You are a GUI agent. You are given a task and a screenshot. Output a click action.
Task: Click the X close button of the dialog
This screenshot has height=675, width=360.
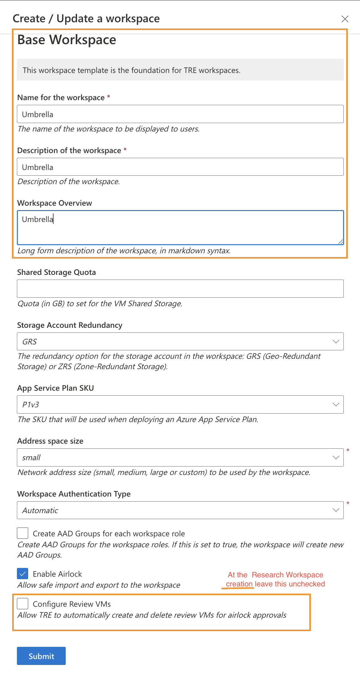point(345,19)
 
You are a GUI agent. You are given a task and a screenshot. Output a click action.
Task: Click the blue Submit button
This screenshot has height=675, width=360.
point(41,656)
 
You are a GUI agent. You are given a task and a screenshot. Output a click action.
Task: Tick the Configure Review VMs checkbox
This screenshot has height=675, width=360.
point(23,603)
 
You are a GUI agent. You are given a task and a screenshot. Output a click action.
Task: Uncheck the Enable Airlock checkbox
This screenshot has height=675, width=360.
point(23,574)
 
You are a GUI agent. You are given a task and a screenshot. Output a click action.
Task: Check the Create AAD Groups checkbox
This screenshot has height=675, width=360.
point(23,533)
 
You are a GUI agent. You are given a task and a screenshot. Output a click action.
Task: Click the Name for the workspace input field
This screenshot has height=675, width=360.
point(180,114)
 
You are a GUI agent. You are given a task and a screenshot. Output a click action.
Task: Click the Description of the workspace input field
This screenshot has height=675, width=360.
point(180,167)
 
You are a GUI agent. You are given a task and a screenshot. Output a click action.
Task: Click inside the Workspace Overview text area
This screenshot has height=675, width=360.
point(180,228)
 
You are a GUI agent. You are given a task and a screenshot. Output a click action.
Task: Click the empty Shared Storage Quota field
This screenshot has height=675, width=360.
point(180,289)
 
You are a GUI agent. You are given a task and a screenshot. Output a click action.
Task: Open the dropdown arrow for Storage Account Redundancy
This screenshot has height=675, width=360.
point(336,342)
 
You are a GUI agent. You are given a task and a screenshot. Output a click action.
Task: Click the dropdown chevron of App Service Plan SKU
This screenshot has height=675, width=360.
point(336,404)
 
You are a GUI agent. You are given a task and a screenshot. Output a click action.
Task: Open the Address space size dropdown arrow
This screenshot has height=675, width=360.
point(336,457)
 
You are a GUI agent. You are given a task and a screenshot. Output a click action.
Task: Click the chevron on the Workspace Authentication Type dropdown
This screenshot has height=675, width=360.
point(336,510)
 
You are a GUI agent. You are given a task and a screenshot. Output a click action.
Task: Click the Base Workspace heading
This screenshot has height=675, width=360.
point(67,40)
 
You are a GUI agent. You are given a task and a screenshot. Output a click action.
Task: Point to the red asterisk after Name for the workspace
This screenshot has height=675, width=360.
point(109,97)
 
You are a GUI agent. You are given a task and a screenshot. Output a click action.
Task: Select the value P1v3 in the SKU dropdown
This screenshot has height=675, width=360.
point(31,405)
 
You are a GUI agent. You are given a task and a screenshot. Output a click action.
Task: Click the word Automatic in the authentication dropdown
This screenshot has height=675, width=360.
point(40,511)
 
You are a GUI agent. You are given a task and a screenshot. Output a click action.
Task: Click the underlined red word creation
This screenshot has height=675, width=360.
point(239,584)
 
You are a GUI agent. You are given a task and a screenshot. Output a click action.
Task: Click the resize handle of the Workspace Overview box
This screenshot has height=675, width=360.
point(341,242)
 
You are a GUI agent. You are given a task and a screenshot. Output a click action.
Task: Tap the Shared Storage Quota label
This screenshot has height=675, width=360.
point(56,272)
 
